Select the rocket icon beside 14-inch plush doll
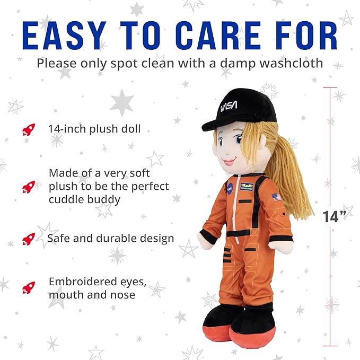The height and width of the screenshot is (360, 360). coord(29,129)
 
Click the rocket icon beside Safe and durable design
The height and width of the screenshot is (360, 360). coord(29,239)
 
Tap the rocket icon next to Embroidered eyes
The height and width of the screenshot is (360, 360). coord(29,287)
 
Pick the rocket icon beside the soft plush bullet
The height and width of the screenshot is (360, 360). coord(29,186)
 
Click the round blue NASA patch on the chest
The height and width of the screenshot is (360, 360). coord(230,187)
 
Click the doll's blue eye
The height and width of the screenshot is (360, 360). coord(238,140)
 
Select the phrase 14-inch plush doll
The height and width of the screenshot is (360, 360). coord(94,129)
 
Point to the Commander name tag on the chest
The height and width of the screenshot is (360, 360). coord(247,187)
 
